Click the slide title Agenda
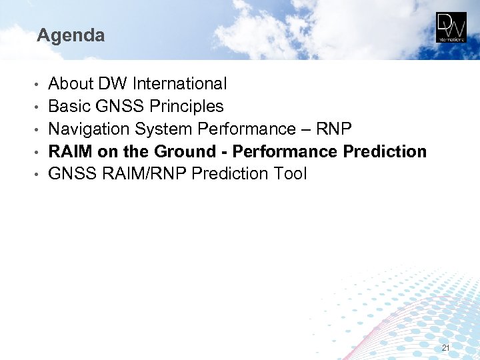coord(71,35)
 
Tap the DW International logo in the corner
coord(451,27)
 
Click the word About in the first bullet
coord(71,84)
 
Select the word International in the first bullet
coord(179,84)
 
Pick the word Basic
coord(68,107)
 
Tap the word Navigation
coord(89,129)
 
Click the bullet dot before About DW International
coord(40,85)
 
